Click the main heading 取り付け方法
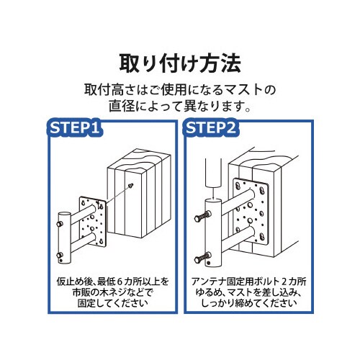(x=180, y=60)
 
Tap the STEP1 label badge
(x=75, y=129)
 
